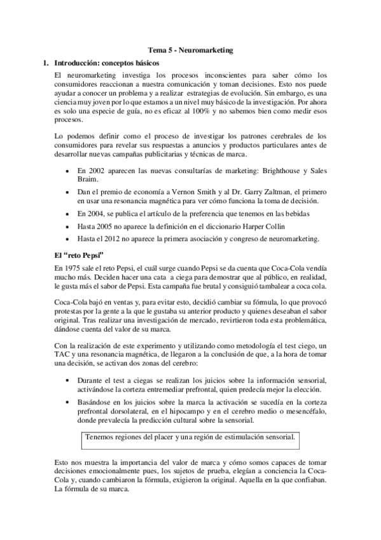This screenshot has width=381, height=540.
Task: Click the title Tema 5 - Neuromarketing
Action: [x=191, y=49]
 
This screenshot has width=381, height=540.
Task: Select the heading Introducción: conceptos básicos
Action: [x=105, y=63]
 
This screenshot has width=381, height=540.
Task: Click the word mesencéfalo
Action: [x=303, y=412]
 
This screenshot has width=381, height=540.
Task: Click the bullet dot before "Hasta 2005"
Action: [x=67, y=226]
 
